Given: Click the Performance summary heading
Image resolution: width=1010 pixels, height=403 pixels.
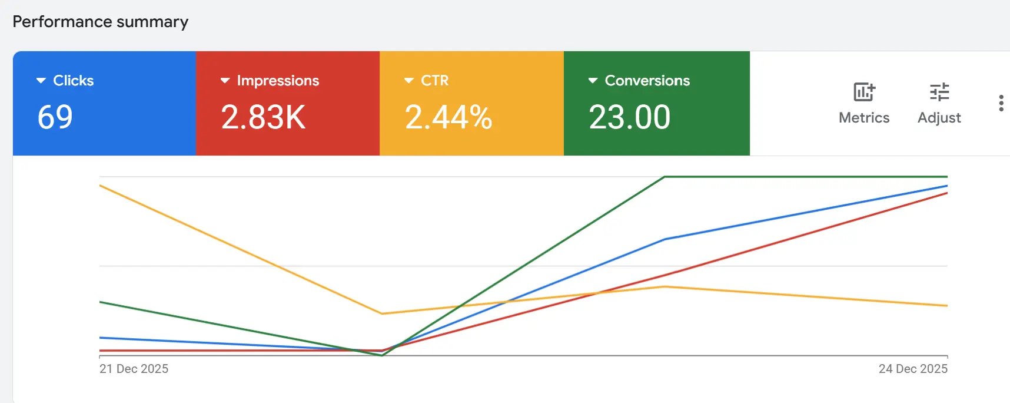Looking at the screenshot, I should pos(101,22).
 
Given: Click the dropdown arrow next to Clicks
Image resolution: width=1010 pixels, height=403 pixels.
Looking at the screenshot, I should pos(41,81).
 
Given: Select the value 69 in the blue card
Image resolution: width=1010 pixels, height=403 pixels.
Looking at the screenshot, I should pos(55,117).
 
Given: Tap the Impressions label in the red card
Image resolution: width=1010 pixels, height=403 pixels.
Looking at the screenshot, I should pos(278,81).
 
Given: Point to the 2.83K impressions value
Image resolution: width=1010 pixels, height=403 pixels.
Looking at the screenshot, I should pos(263,117).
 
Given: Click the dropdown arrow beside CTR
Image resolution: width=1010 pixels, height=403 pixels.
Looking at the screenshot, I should pos(409,81).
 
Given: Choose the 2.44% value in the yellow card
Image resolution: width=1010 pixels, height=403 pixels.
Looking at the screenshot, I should pos(448,117).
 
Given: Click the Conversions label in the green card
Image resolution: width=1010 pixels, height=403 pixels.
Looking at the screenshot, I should pos(647,81).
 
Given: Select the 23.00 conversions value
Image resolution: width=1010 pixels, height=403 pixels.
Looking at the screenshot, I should pos(629,117).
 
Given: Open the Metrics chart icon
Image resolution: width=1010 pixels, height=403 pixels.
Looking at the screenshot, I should pos(864,93).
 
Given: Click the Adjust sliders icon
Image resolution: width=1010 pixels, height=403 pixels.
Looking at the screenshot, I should pos(939,93).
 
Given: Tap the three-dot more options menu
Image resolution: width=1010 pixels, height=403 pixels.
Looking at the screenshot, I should pos(1001,103).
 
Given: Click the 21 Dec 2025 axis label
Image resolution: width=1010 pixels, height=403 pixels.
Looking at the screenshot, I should pos(134,369).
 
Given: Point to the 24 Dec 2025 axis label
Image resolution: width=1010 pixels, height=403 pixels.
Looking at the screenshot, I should pos(913,369).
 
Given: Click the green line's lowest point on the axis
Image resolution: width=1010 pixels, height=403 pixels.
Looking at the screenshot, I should pos(383,355).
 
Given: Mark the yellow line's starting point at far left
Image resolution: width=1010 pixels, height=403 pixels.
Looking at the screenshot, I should pos(101,186).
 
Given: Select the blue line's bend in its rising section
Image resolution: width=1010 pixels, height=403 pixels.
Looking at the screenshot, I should pos(665,239).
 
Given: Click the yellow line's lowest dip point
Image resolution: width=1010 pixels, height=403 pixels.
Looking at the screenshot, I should pos(383,313).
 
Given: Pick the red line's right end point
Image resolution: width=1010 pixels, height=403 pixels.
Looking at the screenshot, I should pos(946,193).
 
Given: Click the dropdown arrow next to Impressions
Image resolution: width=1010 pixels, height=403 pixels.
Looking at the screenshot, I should pos(225,81).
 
